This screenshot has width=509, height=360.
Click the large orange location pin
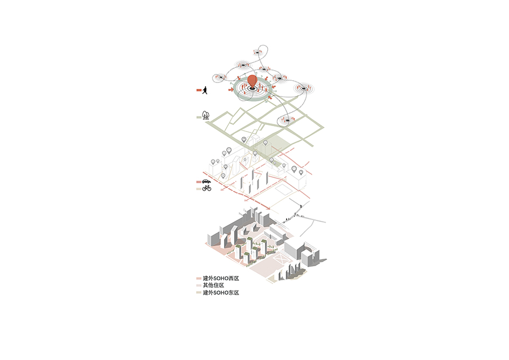click(252, 81)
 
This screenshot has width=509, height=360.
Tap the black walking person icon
click(205, 90)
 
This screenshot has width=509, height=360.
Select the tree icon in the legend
click(205, 115)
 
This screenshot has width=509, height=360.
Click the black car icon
click(206, 181)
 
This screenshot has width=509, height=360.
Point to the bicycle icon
click(207, 188)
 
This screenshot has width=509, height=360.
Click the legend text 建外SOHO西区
click(221, 279)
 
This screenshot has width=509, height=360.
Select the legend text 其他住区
click(214, 285)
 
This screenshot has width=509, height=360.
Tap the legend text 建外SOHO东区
click(221, 293)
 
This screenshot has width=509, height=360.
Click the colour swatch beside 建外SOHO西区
click(199, 279)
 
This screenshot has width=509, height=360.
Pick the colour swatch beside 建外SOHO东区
click(199, 293)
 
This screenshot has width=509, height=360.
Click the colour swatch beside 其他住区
click(199, 286)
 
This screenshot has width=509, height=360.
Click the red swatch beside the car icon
click(199, 182)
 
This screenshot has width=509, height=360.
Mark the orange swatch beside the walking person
click(199, 90)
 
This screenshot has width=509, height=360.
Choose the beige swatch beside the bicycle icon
click(199, 189)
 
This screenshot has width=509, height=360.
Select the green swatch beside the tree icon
click(199, 117)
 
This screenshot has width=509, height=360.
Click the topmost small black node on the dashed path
click(257, 52)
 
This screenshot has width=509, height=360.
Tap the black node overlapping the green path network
click(287, 121)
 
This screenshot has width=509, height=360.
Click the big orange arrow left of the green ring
click(231, 89)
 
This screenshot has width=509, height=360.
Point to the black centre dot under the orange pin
click(252, 88)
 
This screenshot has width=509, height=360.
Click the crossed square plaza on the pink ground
click(281, 259)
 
